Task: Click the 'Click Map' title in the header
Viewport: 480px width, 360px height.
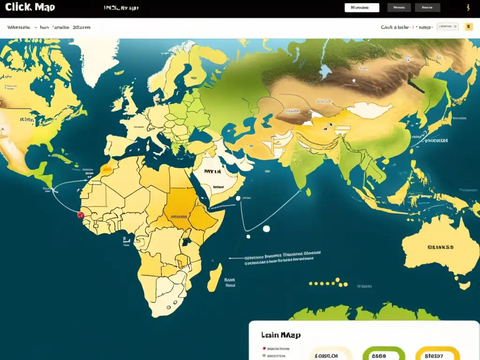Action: (x=30, y=7)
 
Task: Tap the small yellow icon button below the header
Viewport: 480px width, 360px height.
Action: (x=468, y=27)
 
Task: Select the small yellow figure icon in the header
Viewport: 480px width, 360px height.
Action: (x=466, y=7)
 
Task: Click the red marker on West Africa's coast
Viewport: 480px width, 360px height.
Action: (x=80, y=215)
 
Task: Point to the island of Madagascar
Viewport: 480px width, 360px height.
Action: (x=215, y=277)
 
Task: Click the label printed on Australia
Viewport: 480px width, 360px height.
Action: (x=440, y=247)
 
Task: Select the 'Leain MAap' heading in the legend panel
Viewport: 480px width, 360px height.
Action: (x=281, y=335)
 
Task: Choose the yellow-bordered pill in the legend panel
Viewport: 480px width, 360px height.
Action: (x=437, y=355)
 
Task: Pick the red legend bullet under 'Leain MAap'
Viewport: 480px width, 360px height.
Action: (x=264, y=349)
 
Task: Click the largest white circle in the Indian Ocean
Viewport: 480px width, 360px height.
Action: (x=266, y=229)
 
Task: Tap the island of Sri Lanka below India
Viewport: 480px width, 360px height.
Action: (x=308, y=192)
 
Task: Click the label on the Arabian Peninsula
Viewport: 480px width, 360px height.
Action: (x=213, y=172)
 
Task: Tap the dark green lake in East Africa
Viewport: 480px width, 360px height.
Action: (x=186, y=242)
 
